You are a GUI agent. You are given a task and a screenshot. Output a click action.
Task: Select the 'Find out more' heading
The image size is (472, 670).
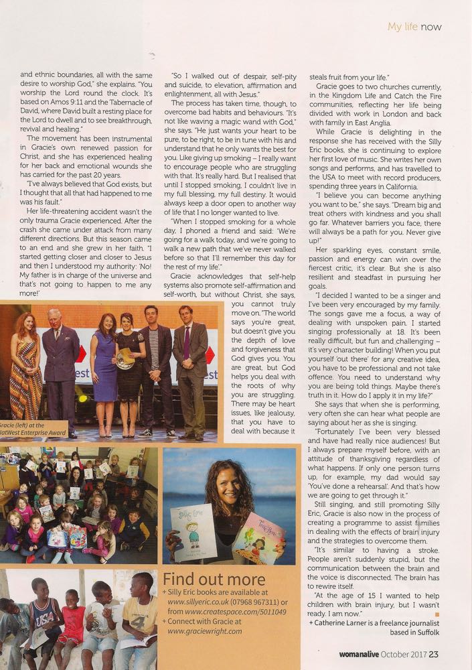coord(214,578)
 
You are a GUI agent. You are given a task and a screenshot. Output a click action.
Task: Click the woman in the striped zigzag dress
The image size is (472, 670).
coord(26,375)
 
